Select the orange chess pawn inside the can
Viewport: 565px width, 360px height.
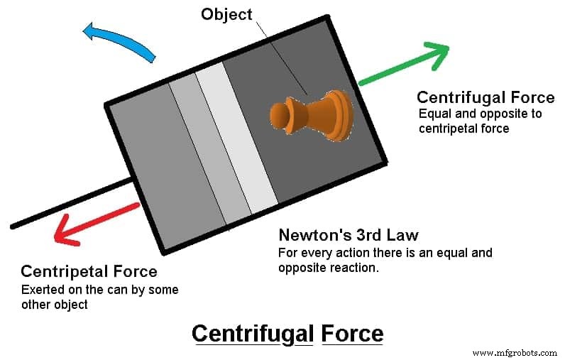(312, 114)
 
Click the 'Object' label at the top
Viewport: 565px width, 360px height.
(226, 13)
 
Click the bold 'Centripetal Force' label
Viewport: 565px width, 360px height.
(89, 271)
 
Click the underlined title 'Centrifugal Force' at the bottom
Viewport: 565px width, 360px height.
(287, 334)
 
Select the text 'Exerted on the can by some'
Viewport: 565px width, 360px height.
(99, 290)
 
